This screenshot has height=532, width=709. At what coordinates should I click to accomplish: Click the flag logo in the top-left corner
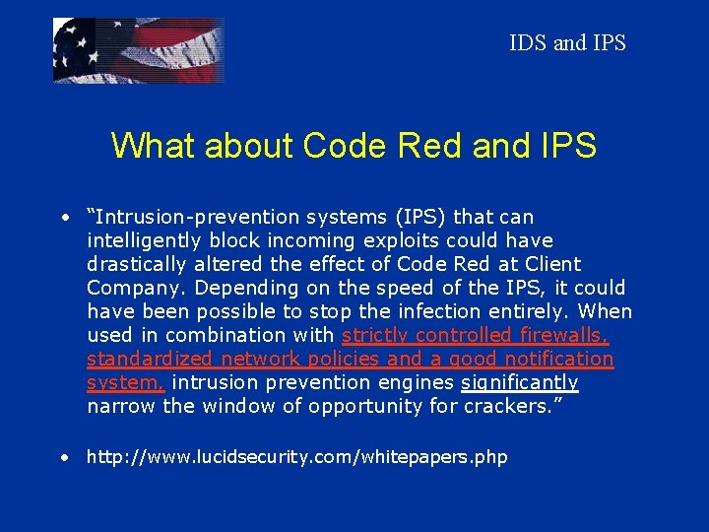click(x=138, y=49)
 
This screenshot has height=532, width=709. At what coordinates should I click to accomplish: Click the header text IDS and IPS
click(x=567, y=43)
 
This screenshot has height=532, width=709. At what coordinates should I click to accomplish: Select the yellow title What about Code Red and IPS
click(x=354, y=146)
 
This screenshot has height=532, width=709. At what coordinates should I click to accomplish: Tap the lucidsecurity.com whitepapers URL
click(x=296, y=456)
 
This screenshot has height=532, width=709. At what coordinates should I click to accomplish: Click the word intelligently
click(x=145, y=240)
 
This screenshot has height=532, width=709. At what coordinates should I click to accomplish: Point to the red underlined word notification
click(x=553, y=359)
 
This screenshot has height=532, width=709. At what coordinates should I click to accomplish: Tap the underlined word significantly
click(x=520, y=382)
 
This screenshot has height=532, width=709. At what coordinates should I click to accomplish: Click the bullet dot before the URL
click(x=63, y=457)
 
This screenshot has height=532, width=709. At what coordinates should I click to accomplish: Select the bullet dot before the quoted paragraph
click(x=63, y=218)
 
